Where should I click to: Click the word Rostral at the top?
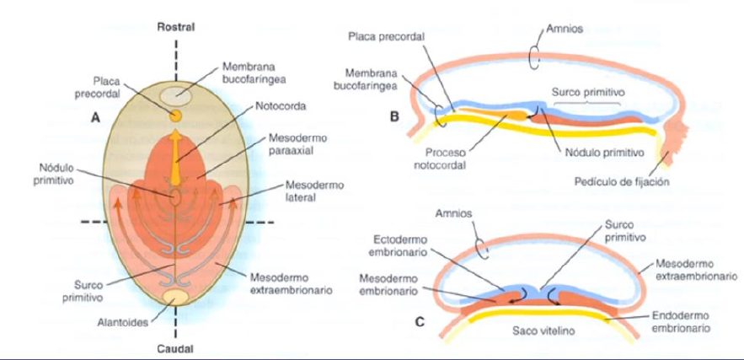176,27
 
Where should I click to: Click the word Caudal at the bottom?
176,347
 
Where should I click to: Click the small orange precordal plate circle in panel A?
176,114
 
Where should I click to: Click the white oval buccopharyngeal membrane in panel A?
176,94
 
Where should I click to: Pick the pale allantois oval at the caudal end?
176,298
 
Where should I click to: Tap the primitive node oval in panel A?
175,196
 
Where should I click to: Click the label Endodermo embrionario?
681,320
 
